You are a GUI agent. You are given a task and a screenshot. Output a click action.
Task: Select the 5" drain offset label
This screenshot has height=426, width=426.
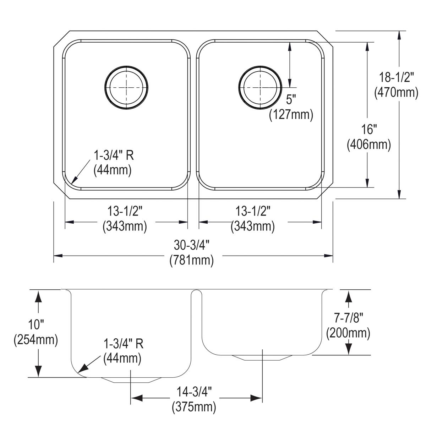[x=291, y=100]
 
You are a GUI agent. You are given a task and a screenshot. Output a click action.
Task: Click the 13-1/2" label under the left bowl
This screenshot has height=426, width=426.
[x=125, y=212]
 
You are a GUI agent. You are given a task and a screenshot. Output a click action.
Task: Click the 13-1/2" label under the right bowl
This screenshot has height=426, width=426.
[x=253, y=212]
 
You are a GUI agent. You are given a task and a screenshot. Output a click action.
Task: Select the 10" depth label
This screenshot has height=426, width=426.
[x=35, y=325]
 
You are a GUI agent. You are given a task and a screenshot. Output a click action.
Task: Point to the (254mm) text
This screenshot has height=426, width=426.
[x=35, y=340]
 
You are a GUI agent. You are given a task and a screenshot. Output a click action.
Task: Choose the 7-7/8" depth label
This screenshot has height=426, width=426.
[x=348, y=318]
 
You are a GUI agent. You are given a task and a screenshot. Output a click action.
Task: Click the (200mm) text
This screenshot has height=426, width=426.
[x=348, y=333]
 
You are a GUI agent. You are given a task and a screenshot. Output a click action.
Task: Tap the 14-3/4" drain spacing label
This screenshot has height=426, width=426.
[x=194, y=392]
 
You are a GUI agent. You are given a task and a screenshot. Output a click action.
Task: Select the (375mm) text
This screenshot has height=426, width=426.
[x=194, y=406]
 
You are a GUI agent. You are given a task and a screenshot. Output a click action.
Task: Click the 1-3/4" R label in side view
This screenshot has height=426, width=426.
[x=123, y=344]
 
